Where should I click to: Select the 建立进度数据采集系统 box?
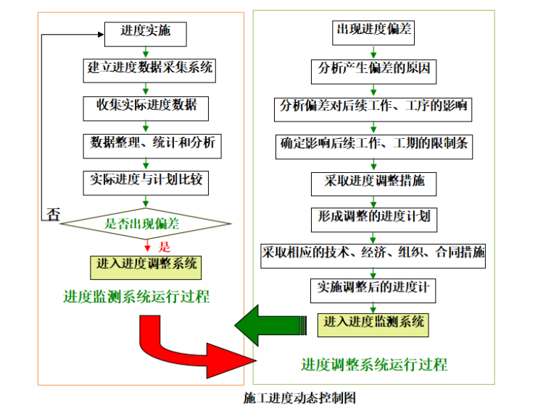point(151,69)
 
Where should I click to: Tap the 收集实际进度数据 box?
point(146,106)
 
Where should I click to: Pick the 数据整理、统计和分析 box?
point(152,143)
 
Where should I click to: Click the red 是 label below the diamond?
point(165,246)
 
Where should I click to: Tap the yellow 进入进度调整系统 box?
point(146,265)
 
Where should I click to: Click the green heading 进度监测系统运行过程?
point(136,297)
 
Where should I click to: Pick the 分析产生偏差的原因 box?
point(374,70)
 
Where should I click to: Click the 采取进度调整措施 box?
point(374,182)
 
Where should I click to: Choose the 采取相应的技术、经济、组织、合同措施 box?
point(373,253)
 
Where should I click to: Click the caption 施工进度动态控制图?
point(299,397)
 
